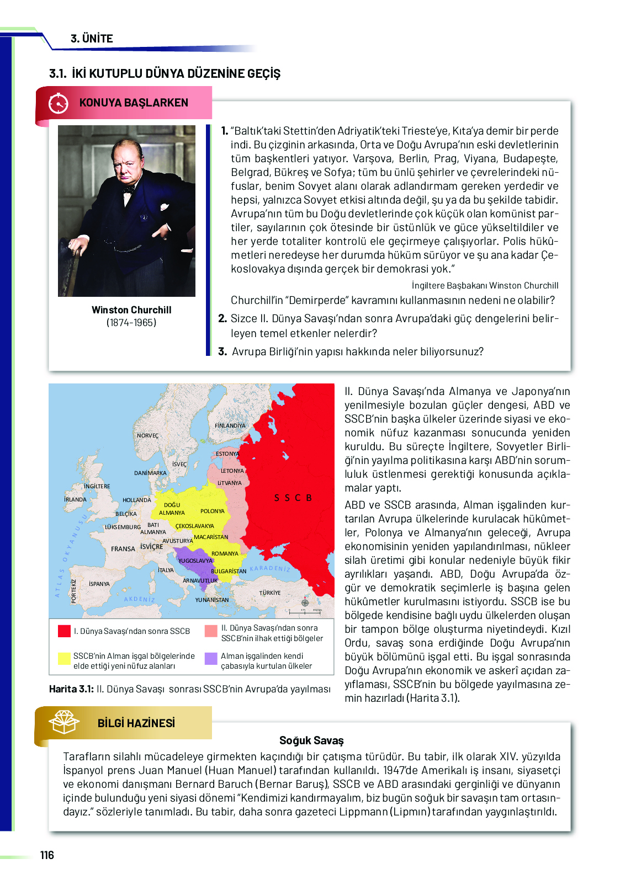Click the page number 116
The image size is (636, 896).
coord(47,855)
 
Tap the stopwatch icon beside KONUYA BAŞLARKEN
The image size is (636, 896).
coord(58,103)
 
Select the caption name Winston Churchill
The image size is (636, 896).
coord(131,310)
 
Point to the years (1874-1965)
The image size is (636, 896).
coord(131,323)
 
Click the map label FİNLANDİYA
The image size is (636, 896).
coord(230,425)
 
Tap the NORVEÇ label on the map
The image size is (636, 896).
coord(147,436)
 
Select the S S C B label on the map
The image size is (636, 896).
coord(293,498)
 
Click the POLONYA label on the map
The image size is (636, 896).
coord(213,511)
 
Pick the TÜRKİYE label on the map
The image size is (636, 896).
coord(270,593)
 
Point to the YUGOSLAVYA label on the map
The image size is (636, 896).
coord(195,561)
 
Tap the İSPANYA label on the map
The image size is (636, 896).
coord(99,584)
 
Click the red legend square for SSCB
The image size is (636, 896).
coord(64,631)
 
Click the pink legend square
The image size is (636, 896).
coord(211,631)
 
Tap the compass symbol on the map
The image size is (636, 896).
coord(305,602)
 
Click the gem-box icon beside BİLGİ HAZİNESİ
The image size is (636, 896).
coord(64,722)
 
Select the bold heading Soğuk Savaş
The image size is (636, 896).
coord(311,740)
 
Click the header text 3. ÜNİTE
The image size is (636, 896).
coord(92,39)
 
